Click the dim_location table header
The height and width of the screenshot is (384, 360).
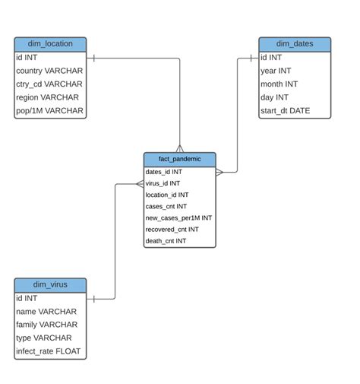pyautogui.click(x=50, y=44)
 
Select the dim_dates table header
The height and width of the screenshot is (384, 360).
pyautogui.click(x=295, y=44)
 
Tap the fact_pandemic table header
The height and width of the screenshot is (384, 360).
pyautogui.click(x=179, y=159)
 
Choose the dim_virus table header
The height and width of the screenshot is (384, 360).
pyautogui.click(x=50, y=285)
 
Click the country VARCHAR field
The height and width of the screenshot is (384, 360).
pyautogui.click(x=49, y=71)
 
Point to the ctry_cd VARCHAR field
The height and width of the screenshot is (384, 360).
pyautogui.click(x=49, y=84)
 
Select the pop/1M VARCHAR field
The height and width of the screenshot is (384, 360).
pyautogui.click(x=49, y=111)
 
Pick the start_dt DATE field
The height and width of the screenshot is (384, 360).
pyautogui.click(x=286, y=111)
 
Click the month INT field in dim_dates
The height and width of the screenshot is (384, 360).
pyautogui.click(x=279, y=84)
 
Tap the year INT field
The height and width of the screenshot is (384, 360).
pyautogui.click(x=276, y=71)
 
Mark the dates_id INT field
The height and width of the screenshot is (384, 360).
pyautogui.click(x=164, y=172)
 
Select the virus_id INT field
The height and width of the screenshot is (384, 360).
pyautogui.click(x=163, y=183)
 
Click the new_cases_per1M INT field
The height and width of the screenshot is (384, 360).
pyautogui.click(x=178, y=218)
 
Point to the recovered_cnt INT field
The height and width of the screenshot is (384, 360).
pyautogui.click(x=172, y=230)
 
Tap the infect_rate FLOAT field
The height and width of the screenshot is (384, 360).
pyautogui.click(x=49, y=351)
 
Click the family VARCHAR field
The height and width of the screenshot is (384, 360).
pyautogui.click(x=46, y=325)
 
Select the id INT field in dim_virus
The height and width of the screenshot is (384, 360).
pyautogui.click(x=27, y=299)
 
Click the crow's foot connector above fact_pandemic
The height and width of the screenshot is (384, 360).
pyautogui.click(x=180, y=148)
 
